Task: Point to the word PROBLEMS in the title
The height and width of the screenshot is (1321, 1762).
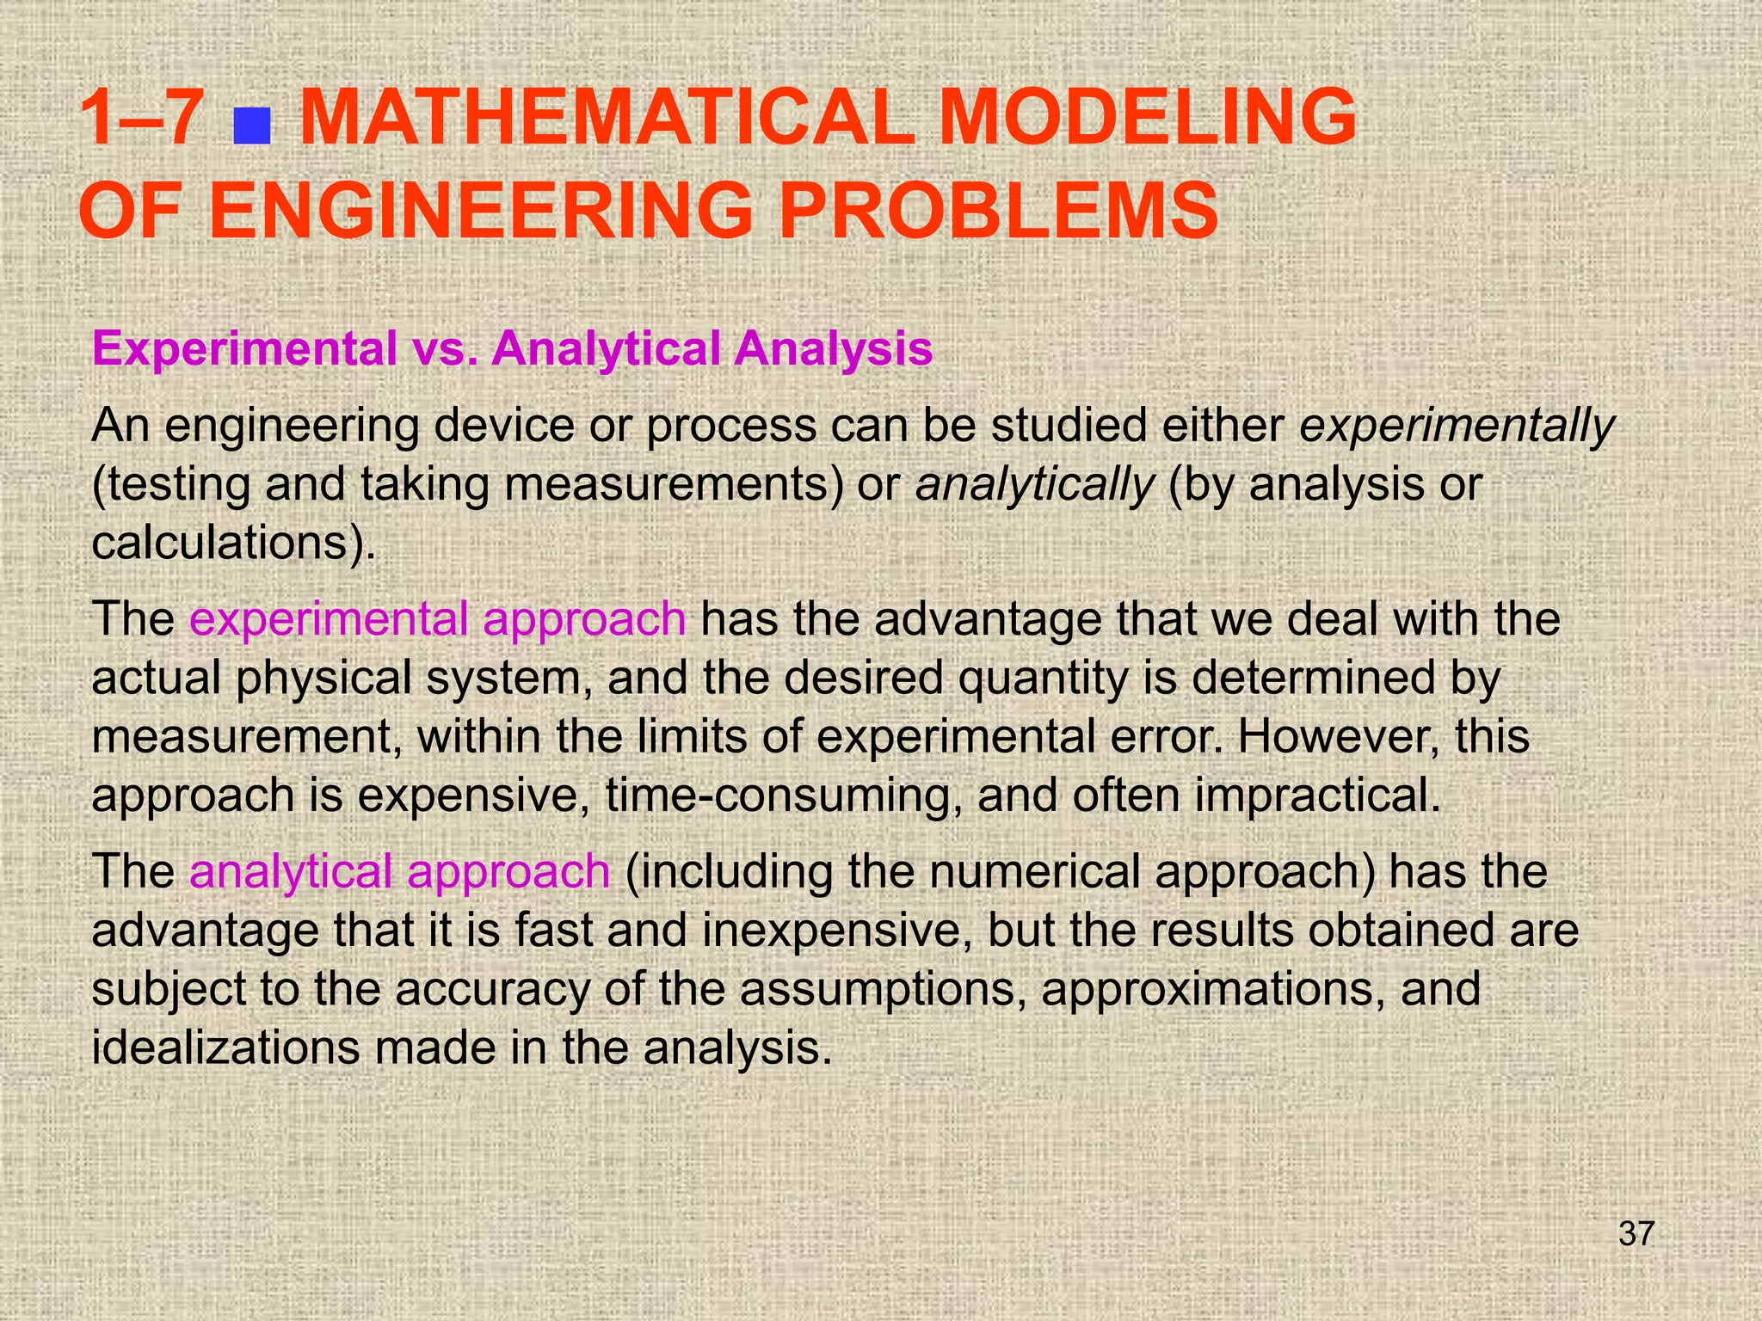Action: pyautogui.click(x=998, y=211)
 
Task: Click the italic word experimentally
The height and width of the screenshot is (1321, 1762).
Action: pyautogui.click(x=1457, y=426)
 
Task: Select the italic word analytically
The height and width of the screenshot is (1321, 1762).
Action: pyautogui.click(x=1033, y=484)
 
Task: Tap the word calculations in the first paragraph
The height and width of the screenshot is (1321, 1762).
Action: pyautogui.click(x=220, y=543)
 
